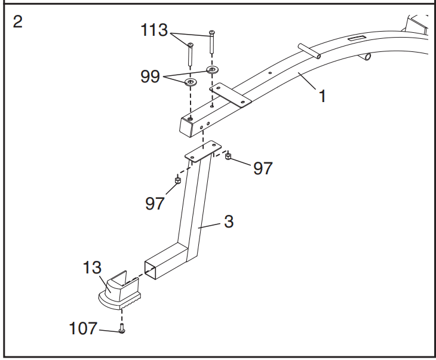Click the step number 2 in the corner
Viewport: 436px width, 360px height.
19,22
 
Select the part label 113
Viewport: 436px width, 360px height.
154,30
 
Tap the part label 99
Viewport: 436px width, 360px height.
150,76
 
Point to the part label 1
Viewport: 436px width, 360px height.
323,96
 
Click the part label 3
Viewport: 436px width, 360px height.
229,221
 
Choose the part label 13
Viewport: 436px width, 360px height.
93,268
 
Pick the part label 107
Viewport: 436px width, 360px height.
83,329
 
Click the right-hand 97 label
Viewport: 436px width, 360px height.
263,168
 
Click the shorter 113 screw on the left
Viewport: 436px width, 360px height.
190,54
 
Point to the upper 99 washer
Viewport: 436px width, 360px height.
212,70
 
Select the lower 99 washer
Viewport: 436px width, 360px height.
191,81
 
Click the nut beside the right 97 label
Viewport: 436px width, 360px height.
228,157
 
